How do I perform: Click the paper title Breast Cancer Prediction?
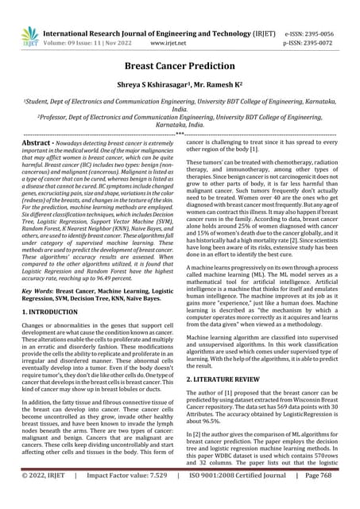tap(180, 69)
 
